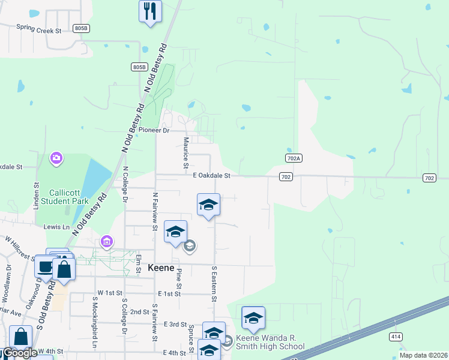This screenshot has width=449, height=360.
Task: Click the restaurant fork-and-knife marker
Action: pos(150,11)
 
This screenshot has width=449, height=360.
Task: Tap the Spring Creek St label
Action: pos(39,29)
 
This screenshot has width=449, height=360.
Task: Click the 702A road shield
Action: pos(292,157)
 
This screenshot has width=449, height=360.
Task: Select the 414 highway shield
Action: pos(395,337)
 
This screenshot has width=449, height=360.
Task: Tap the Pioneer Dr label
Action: pos(154,130)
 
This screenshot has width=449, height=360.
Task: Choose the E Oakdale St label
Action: pos(212,176)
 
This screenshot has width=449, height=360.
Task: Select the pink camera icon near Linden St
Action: pos(56,158)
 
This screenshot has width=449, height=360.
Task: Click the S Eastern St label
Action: pos(213,284)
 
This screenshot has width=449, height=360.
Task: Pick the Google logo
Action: pos(19,353)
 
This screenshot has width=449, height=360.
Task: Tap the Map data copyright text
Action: pos(423,355)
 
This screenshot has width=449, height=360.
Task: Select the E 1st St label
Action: pos(169,294)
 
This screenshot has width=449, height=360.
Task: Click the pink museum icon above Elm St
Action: pos(107,242)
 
